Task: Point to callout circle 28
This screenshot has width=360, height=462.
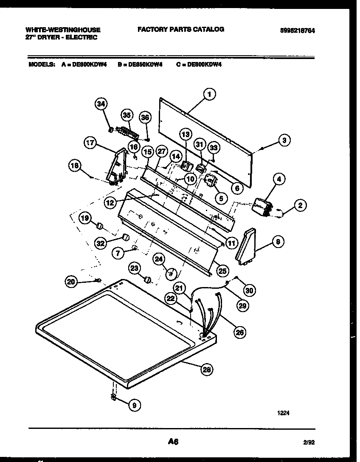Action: pyautogui.click(x=207, y=369)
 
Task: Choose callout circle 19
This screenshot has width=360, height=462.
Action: pyautogui.click(x=85, y=218)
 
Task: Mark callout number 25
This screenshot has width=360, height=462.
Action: pyautogui.click(x=222, y=270)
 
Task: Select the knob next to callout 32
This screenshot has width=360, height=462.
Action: pyautogui.click(x=125, y=237)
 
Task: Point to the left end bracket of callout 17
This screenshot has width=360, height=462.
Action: pyautogui.click(x=116, y=168)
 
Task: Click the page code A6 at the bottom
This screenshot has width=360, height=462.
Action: pyautogui.click(x=172, y=442)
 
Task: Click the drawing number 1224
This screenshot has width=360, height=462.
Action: pyautogui.click(x=284, y=412)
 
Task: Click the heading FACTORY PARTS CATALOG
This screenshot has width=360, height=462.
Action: pyautogui.click(x=180, y=29)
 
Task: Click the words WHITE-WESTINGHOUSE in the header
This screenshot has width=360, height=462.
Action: pyautogui.click(x=63, y=30)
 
